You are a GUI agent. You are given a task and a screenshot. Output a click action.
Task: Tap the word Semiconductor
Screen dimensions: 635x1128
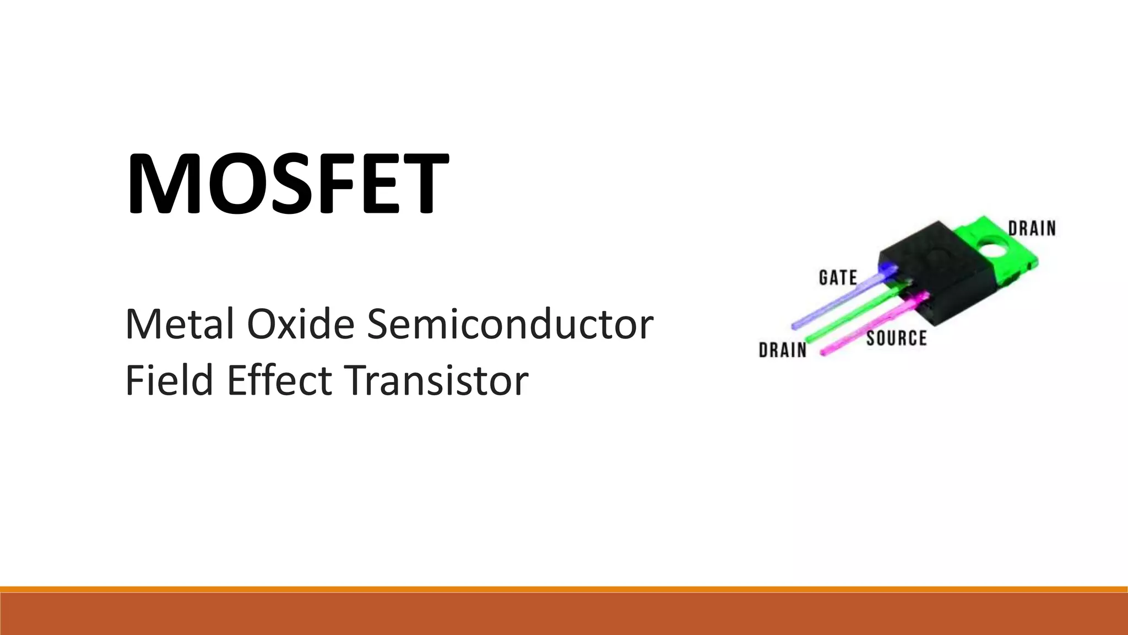510,324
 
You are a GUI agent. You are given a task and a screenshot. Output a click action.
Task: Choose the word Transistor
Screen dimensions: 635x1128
436,380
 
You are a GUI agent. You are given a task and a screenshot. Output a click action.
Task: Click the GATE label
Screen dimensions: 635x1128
838,277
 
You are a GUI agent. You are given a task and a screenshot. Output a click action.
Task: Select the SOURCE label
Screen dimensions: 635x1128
896,338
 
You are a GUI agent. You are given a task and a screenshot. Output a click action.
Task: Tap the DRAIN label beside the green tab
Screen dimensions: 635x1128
1032,228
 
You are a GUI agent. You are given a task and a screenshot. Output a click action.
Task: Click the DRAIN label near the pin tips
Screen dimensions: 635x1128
782,349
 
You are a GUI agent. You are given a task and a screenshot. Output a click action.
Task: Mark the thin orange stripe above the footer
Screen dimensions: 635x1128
564,589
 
